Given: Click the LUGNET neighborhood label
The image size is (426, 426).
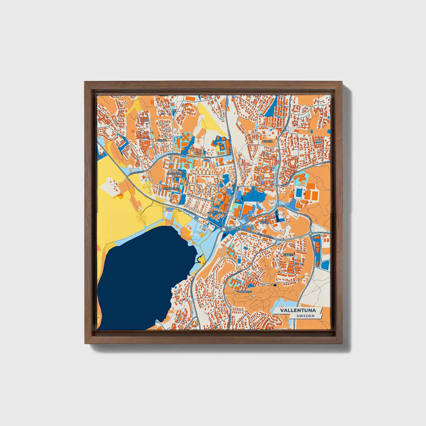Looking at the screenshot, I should pyautogui.click(x=162, y=141).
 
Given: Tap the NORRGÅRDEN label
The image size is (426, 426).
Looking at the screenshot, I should pyautogui.click(x=175, y=174).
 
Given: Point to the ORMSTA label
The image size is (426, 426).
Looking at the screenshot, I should pyautogui.click(x=267, y=141).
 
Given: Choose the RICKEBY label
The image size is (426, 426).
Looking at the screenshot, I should pyautogui.click(x=288, y=254).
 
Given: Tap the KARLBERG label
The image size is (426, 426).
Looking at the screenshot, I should pyautogui.click(x=245, y=292).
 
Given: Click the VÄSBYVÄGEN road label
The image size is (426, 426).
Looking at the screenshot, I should pyautogui.click(x=189, y=211).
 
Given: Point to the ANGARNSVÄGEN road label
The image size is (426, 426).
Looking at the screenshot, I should pyautogui.click(x=265, y=236).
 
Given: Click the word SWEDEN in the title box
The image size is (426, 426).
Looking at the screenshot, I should pyautogui.click(x=305, y=316).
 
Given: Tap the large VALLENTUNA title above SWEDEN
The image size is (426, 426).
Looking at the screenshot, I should pyautogui.click(x=298, y=310).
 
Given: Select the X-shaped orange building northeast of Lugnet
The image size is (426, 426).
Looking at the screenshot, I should pyautogui.click(x=186, y=138).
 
